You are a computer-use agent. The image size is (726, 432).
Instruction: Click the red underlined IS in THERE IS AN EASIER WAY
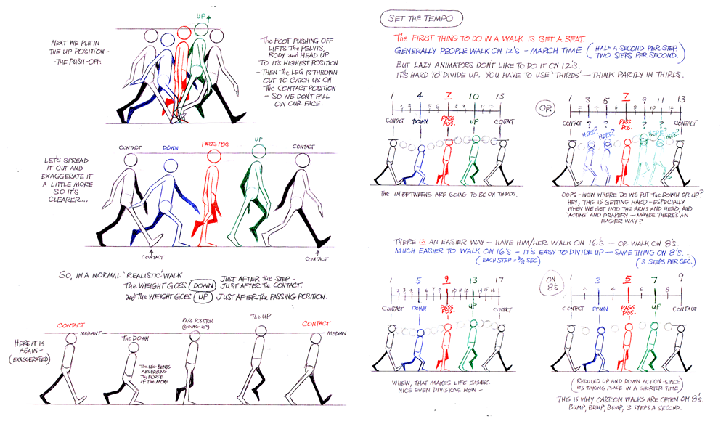click(428, 240)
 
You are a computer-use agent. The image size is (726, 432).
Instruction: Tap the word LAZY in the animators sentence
click(422, 64)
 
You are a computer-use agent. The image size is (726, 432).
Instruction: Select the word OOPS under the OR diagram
click(571, 194)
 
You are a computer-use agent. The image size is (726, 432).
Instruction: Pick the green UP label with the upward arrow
click(200, 15)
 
